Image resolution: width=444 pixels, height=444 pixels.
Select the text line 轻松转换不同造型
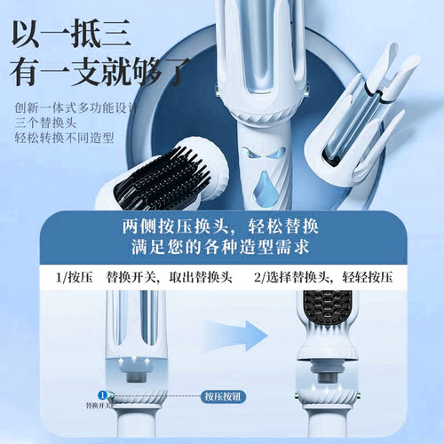coord(59,139)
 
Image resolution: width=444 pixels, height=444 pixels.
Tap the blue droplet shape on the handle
coord(264,186)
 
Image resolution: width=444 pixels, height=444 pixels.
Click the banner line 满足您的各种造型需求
coord(222,250)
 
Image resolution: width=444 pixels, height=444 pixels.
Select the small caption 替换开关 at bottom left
coord(100,405)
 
